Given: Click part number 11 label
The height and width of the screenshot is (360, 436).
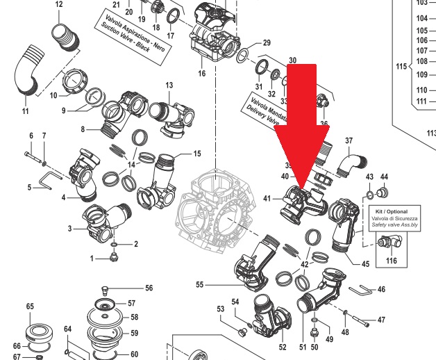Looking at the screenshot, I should [25, 112].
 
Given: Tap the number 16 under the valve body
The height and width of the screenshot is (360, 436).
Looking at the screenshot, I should [202, 73].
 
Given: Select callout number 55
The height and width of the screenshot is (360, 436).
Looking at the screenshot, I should [199, 284].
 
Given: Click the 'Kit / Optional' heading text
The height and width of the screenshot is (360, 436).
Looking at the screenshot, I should [388, 211].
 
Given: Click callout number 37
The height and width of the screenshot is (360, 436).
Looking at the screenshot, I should [349, 142].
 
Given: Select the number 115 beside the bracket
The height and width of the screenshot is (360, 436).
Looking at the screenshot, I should [399, 67].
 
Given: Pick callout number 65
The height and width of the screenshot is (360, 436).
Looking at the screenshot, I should [30, 306].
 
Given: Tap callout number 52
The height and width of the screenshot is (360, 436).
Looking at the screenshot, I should [282, 346].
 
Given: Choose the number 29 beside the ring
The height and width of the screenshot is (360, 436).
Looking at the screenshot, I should [265, 44].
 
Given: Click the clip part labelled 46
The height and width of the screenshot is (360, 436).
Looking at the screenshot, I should [362, 288].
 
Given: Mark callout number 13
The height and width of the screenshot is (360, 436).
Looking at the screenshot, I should [169, 85].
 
